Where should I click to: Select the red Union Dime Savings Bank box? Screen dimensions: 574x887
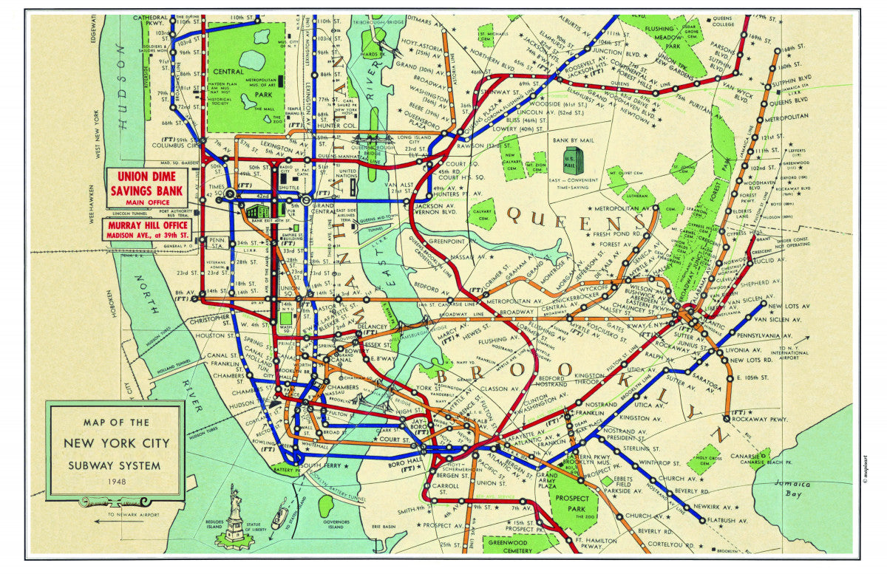point(146,188)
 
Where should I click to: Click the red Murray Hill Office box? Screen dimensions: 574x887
point(146,230)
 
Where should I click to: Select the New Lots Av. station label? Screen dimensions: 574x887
point(785,306)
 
